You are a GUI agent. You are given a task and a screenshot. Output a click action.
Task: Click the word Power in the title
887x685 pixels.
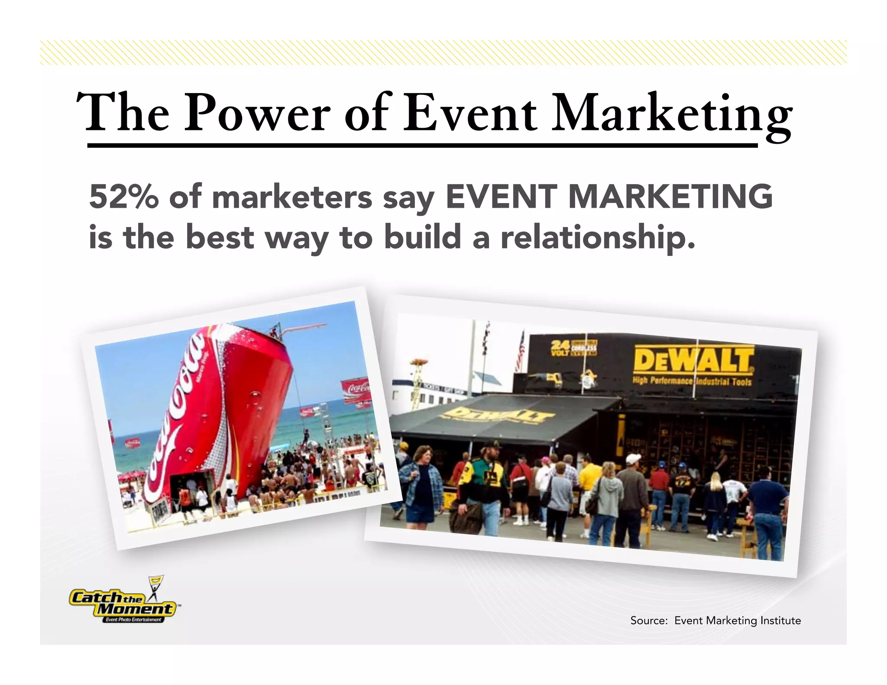[257, 113]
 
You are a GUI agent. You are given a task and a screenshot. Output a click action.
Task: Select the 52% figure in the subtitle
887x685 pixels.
[124, 197]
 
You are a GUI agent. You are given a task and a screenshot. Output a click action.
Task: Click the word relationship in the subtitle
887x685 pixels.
[598, 238]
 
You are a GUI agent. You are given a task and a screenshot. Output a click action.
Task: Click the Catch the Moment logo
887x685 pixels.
[123, 604]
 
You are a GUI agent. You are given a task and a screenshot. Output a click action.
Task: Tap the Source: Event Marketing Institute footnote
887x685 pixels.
[715, 620]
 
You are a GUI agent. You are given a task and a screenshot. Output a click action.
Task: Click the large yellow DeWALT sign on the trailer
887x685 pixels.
[693, 360]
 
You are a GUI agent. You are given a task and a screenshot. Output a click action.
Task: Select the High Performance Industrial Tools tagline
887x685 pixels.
[692, 381]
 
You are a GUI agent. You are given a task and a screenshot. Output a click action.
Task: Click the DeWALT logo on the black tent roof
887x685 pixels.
[498, 416]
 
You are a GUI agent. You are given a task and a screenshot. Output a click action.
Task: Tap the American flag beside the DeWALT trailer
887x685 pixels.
[519, 353]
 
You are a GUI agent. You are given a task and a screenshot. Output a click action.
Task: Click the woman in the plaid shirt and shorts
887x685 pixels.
[420, 485]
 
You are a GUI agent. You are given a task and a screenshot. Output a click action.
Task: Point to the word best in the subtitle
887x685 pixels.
[220, 238]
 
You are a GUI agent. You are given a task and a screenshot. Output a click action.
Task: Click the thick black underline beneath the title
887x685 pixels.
[422, 145]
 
